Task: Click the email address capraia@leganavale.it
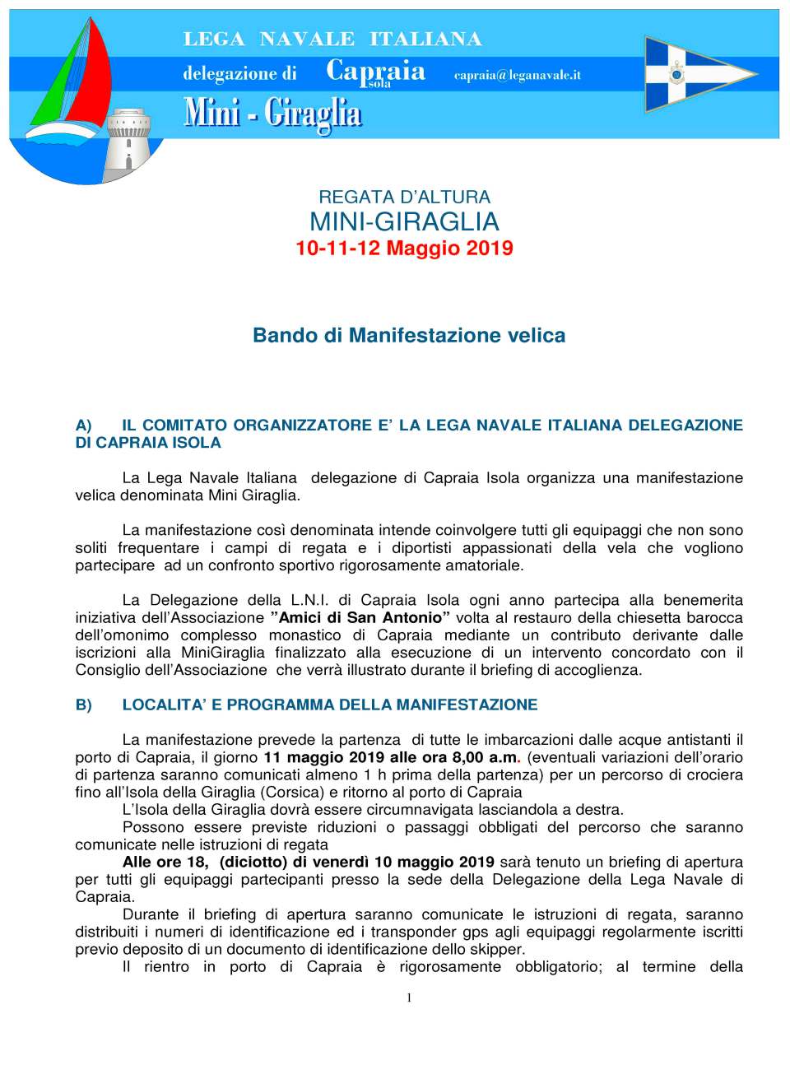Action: pos(517,75)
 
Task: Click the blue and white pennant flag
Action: pos(695,75)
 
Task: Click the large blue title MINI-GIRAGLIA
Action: pos(404,221)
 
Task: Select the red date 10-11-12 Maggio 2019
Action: pos(404,249)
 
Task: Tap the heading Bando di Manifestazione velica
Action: pos(409,336)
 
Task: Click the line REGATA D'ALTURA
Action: pos(404,198)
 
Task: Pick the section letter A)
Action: pos(83,426)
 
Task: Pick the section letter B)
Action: pos(83,705)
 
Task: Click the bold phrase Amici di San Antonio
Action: pos(360,617)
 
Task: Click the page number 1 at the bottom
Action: pos(409,998)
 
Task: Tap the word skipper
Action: pos(496,949)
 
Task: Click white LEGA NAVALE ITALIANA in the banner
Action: pos(332,39)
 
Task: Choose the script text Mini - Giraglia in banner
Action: pos(272,113)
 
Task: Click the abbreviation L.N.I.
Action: pos(309,600)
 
